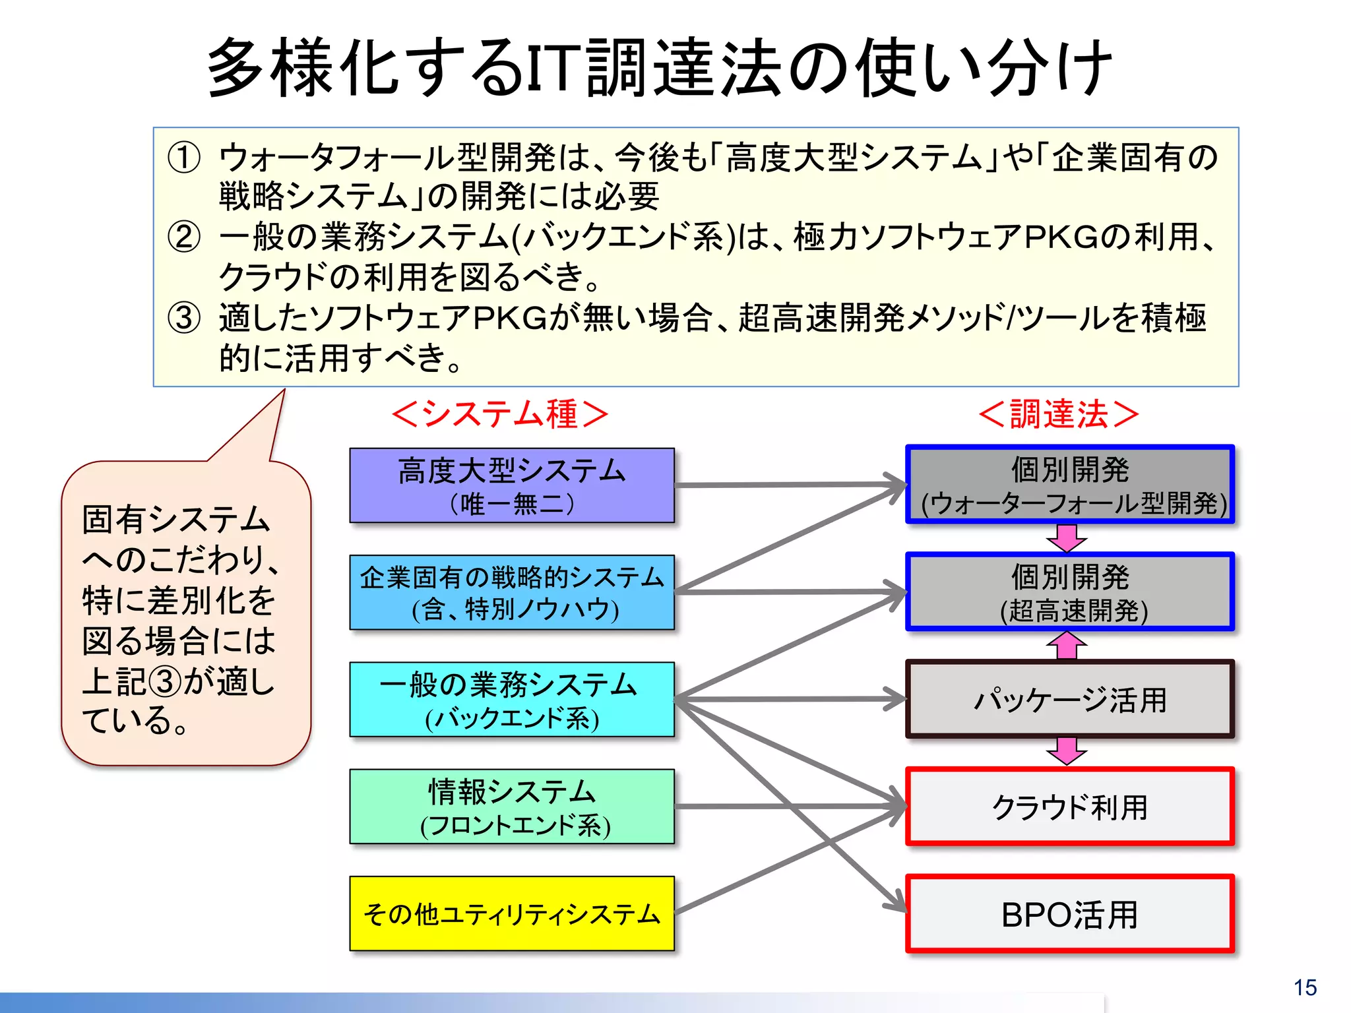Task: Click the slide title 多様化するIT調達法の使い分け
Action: click(x=660, y=67)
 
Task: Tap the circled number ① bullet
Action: click(x=184, y=158)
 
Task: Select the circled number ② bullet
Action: click(x=184, y=237)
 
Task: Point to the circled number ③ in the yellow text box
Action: click(x=184, y=318)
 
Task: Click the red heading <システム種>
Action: click(x=499, y=414)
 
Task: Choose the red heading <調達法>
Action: click(x=1059, y=414)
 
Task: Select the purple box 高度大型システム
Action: click(x=512, y=485)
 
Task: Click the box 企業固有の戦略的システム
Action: click(x=512, y=592)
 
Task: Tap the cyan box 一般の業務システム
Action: click(x=512, y=699)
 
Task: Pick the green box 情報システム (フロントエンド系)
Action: click(x=512, y=806)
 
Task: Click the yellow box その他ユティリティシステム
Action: click(x=512, y=913)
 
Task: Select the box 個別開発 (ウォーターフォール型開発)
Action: click(x=1070, y=485)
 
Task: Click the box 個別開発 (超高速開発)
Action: click(x=1070, y=592)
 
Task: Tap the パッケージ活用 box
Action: click(x=1070, y=699)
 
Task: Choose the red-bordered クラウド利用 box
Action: click(x=1070, y=806)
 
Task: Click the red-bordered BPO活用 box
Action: click(x=1070, y=913)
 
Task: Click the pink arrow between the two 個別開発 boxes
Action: click(x=1067, y=537)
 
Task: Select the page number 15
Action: click(x=1305, y=987)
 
